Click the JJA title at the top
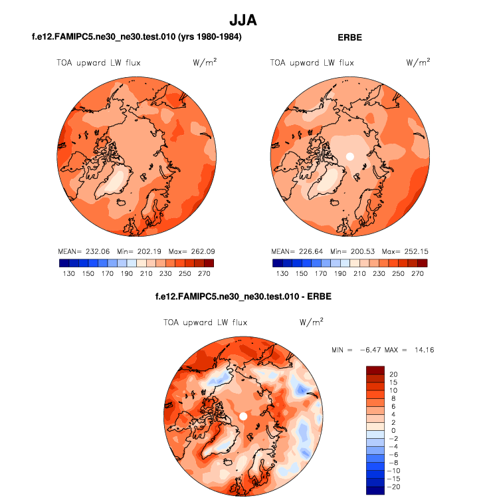point(243,21)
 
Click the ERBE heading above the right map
point(349,38)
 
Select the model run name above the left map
point(136,38)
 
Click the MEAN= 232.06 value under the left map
point(83,252)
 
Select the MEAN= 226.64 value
point(297,252)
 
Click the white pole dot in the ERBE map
point(349,157)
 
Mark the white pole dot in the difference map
point(243,416)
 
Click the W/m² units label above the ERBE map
point(418,62)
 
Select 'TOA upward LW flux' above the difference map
point(205,322)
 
